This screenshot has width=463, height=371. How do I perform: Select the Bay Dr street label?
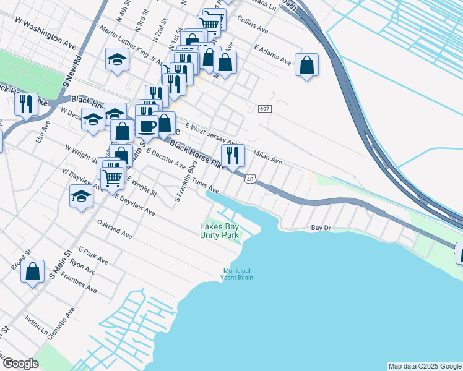321,228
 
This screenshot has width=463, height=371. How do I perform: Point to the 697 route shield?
264,109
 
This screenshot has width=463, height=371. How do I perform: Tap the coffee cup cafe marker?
147,126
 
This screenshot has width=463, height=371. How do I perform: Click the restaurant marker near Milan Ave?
233,155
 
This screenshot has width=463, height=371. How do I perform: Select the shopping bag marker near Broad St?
33,271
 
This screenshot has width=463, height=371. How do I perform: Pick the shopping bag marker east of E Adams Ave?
306,64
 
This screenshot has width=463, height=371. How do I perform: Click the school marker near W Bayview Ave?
81,197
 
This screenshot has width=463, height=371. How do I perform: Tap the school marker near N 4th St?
116,59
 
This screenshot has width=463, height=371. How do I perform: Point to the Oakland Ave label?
114,228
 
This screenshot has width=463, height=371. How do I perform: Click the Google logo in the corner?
20,364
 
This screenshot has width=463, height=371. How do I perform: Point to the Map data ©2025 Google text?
425,366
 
